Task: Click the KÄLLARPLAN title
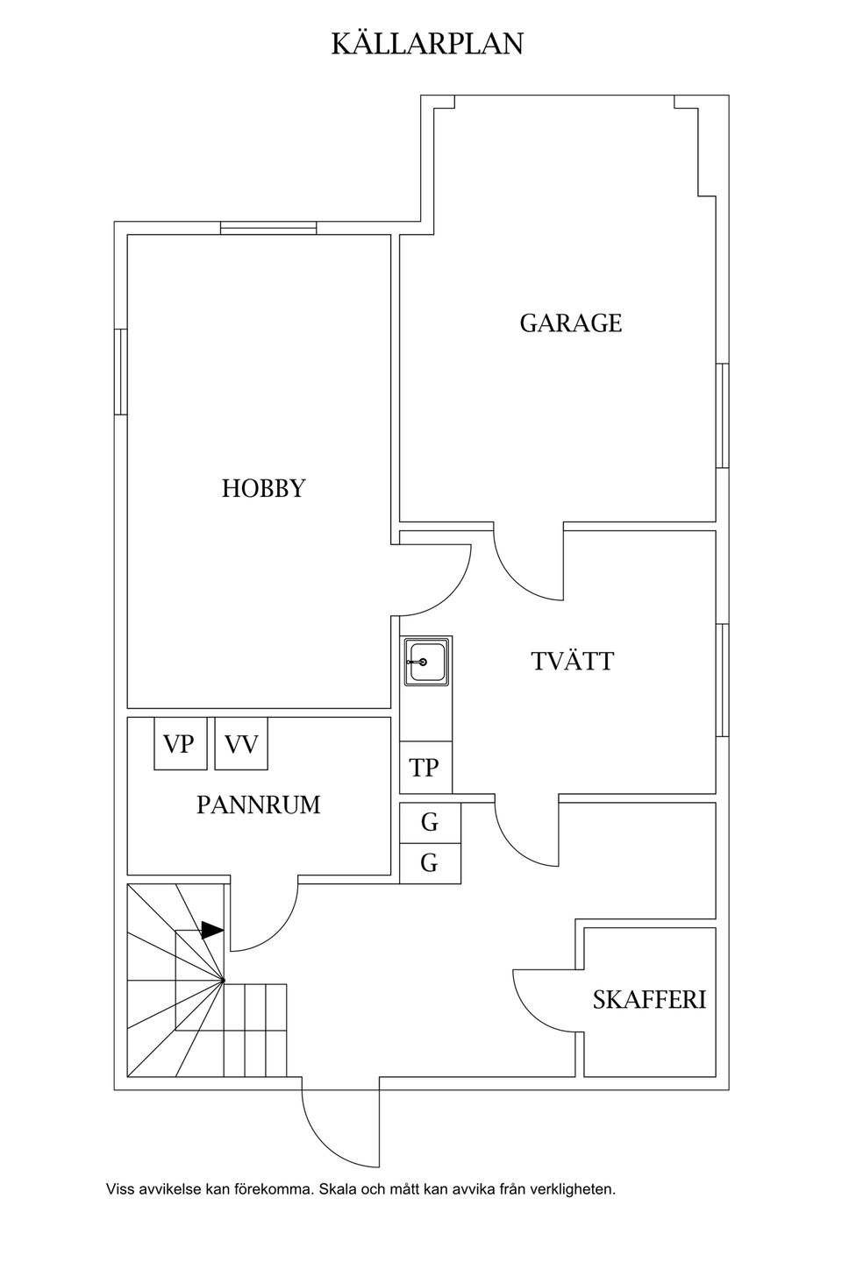[x=427, y=44]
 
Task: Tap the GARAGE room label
[x=571, y=323]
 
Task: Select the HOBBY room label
[x=263, y=488]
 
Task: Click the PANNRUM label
[x=258, y=805]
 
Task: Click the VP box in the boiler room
[x=181, y=743]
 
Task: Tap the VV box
[x=241, y=743]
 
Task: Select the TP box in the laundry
[x=425, y=768]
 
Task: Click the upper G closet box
[x=431, y=823]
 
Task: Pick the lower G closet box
[x=431, y=863]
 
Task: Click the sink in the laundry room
[x=427, y=662]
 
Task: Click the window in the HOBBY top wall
[x=268, y=228]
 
